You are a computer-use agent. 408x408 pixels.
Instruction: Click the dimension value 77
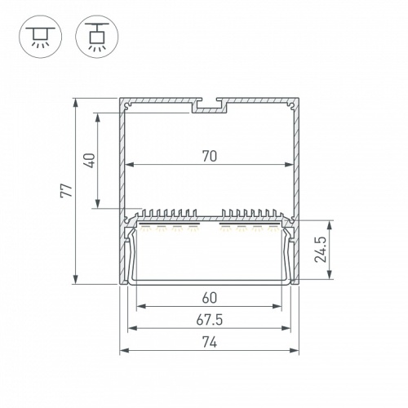(66, 190)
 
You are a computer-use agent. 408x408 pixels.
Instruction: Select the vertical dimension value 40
(91, 161)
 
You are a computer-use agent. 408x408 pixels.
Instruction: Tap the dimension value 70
(210, 156)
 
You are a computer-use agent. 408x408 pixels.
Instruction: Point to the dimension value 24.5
(321, 250)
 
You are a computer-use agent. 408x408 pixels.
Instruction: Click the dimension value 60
(210, 298)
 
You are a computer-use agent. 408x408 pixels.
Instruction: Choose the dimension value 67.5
(210, 320)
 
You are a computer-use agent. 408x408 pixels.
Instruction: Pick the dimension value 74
(210, 342)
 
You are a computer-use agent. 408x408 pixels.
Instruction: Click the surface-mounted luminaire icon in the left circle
(41, 37)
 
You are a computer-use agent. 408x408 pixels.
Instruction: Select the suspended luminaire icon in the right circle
(97, 37)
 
